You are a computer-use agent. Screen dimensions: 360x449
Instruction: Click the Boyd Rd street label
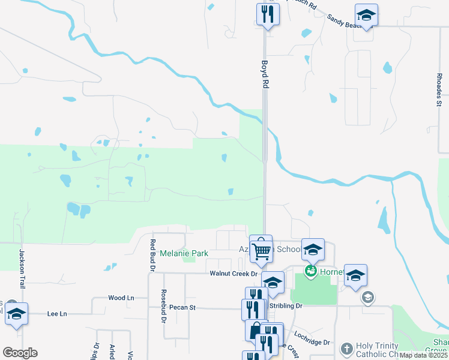coord(264,74)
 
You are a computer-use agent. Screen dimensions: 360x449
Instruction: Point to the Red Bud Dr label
coord(152,254)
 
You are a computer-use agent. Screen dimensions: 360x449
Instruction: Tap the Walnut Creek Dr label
coord(233,274)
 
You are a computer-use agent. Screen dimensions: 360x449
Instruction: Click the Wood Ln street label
coord(121,298)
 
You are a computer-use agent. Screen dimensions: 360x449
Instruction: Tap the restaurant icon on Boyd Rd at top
coord(268,13)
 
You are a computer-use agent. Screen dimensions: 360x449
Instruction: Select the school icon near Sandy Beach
coord(366,14)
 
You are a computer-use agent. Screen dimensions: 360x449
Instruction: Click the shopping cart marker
coord(261,252)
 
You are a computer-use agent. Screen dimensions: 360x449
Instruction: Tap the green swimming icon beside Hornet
coord(310,272)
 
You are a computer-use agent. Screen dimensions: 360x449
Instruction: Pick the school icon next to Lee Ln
coord(16,314)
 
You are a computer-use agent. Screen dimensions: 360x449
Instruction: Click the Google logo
coord(20,353)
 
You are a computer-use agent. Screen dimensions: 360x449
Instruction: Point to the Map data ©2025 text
coord(423,355)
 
